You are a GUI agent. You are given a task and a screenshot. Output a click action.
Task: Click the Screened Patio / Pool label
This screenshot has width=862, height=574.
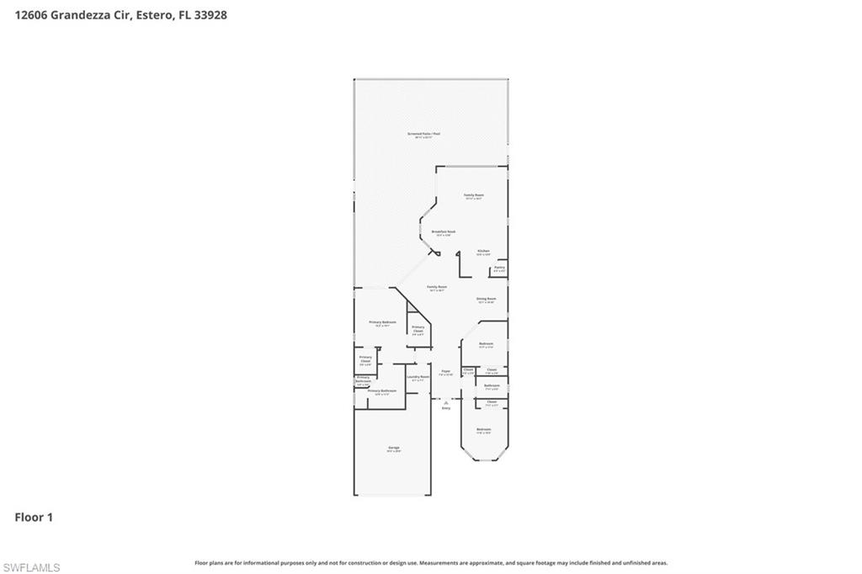[x=424, y=134]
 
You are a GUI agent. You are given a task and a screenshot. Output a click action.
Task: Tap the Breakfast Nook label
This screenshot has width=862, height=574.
[x=444, y=231]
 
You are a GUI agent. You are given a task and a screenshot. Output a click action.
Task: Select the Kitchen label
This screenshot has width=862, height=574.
[x=484, y=251]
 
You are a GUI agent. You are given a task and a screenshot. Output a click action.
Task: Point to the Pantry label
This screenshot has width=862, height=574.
[x=499, y=268]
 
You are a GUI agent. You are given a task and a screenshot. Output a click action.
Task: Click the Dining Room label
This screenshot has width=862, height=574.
[x=487, y=299]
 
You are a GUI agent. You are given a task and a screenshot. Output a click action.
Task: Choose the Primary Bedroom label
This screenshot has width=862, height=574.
[x=382, y=322]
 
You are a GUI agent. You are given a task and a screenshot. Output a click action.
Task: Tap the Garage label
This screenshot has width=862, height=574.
[x=393, y=447]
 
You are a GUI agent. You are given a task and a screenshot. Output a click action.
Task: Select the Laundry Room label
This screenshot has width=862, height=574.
[x=418, y=377]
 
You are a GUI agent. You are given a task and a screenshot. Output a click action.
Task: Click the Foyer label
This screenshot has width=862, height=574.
[x=446, y=371]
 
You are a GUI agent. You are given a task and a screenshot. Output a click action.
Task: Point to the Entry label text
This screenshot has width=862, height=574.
[x=446, y=408]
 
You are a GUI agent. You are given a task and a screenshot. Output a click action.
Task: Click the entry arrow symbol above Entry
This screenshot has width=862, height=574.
[x=446, y=401]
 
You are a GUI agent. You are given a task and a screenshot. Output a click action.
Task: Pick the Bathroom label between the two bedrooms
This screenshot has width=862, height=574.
[x=492, y=385]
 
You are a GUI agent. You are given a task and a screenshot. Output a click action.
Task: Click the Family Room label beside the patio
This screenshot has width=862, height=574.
[x=474, y=195]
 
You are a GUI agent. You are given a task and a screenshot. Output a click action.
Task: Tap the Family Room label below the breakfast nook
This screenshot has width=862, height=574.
[x=437, y=287]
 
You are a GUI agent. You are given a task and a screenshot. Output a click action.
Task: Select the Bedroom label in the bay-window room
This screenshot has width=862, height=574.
[x=483, y=430]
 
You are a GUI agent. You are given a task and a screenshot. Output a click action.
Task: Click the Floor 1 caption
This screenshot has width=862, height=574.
[x=34, y=518]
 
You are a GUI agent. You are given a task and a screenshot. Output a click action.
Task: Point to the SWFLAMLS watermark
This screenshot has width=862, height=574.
[x=31, y=568]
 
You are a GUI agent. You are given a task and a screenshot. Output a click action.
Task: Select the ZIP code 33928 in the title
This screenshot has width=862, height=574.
[x=211, y=14]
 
